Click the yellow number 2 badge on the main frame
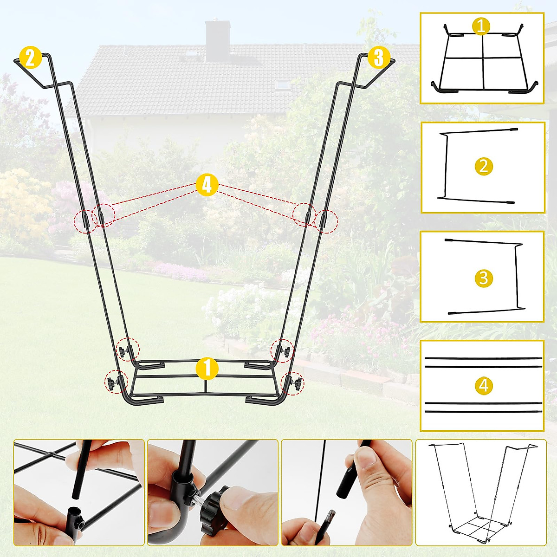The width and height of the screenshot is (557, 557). point(30,58)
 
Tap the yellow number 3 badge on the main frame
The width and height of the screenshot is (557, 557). point(378,58)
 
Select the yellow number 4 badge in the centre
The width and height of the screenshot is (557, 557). point(207,185)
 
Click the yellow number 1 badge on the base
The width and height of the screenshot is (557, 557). point(207,369)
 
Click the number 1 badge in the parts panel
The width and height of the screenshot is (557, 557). point(481,26)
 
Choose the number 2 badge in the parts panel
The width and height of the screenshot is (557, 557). point(484,166)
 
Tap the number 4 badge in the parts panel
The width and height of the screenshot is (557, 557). point(484,385)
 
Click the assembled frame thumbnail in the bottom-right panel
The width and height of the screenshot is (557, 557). point(481,492)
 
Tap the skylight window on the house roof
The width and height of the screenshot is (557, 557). point(281,84)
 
